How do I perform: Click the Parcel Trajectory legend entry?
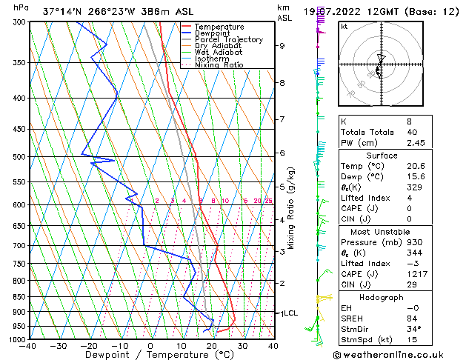[228, 40]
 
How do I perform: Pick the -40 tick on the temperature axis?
[28, 346]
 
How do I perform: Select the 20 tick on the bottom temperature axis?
[212, 346]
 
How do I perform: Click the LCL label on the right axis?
[290, 313]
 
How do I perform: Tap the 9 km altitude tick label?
[282, 46]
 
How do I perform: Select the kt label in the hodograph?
[344, 26]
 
